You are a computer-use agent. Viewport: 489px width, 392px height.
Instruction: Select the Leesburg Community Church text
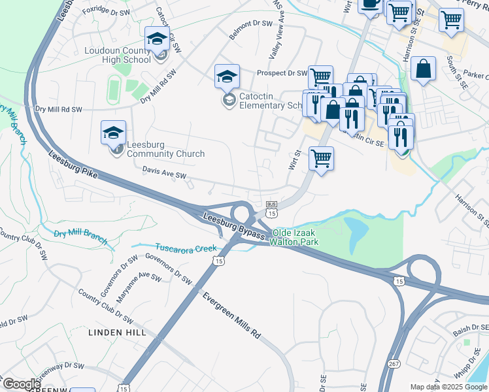click(165, 150)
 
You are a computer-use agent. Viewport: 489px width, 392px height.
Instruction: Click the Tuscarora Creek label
click(186, 248)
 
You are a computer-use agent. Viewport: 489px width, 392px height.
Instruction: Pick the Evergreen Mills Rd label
click(231, 315)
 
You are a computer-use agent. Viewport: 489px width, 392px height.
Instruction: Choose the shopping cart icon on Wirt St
click(321, 158)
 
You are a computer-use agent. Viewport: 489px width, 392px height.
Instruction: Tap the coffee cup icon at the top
click(371, 4)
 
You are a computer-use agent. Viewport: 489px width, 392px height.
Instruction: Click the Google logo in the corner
click(22, 384)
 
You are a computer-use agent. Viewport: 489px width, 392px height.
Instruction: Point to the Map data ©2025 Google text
click(448, 387)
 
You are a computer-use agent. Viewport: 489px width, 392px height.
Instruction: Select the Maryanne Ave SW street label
click(139, 287)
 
